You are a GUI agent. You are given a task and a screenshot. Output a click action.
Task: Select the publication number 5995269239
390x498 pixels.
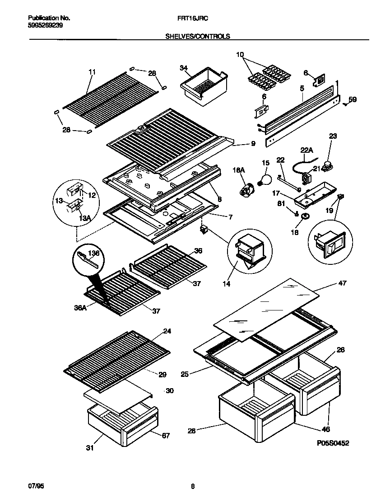[45, 26]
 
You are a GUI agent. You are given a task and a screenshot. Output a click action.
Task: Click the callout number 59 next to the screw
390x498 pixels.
[352, 99]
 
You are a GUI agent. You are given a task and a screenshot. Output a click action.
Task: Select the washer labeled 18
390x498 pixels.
[306, 218]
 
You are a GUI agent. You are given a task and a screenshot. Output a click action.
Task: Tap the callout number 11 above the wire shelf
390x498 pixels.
[92, 72]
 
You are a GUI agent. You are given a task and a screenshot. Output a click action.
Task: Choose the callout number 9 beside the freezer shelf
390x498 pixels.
[253, 144]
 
